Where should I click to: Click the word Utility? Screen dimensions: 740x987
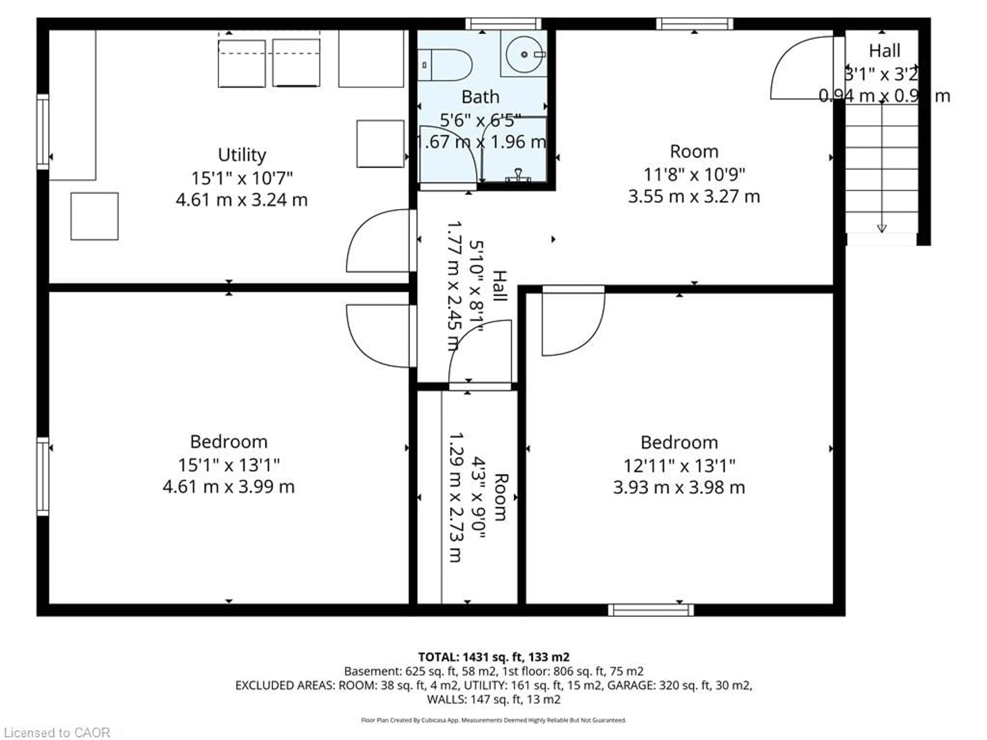coord(242,155)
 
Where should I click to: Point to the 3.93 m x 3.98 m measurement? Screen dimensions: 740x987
coord(679,487)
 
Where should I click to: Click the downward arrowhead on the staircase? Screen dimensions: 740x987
coord(882,228)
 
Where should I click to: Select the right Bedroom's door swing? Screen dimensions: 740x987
coord(572,323)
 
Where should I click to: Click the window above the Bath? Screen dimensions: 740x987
coord(503,24)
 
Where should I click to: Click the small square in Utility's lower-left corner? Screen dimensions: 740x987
coord(94,216)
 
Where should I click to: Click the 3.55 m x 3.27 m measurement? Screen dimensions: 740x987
coord(694,196)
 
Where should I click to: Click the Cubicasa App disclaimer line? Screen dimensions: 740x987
coord(493,720)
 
